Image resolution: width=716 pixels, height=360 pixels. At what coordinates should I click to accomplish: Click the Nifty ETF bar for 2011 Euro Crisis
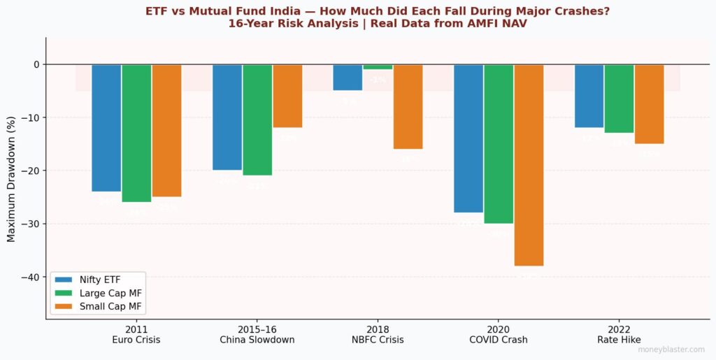pyautogui.click(x=106, y=128)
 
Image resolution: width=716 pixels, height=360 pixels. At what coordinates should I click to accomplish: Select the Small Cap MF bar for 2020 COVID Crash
pyautogui.click(x=529, y=165)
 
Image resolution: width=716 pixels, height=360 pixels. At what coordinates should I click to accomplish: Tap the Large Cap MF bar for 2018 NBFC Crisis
pyautogui.click(x=378, y=67)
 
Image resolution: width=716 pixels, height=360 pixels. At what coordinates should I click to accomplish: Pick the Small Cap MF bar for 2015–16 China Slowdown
pyautogui.click(x=287, y=96)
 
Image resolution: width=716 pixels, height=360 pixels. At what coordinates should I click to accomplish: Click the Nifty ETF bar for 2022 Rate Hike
pyautogui.click(x=589, y=96)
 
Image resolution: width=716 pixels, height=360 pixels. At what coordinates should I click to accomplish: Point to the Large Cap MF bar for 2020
pyautogui.click(x=499, y=144)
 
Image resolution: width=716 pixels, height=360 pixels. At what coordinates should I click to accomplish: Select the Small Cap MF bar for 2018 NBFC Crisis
pyautogui.click(x=408, y=106)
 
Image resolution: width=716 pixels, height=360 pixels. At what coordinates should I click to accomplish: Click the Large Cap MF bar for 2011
pyautogui.click(x=136, y=133)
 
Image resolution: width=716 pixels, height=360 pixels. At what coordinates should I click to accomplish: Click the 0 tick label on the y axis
pyautogui.click(x=36, y=64)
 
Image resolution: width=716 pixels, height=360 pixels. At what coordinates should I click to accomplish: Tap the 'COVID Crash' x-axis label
pyautogui.click(x=499, y=340)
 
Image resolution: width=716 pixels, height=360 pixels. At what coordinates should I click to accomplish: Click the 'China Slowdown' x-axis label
pyautogui.click(x=257, y=340)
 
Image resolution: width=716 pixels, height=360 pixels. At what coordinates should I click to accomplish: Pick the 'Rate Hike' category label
pyautogui.click(x=619, y=340)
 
